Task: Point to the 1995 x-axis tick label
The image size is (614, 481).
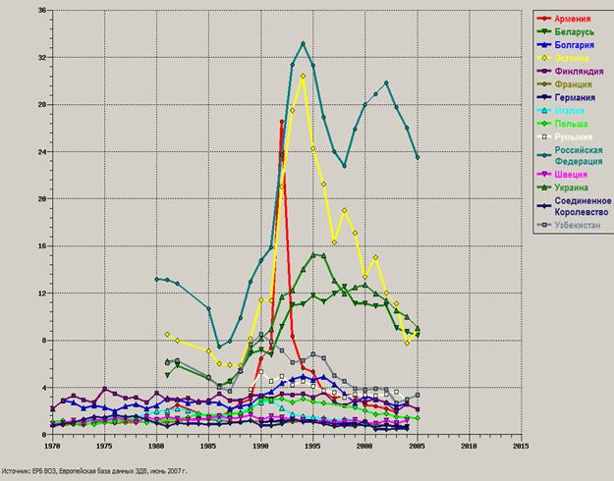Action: click(311, 446)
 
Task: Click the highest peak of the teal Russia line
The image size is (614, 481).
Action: click(303, 43)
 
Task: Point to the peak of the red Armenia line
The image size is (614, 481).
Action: click(282, 122)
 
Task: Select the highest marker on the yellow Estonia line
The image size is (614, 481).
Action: click(303, 76)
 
